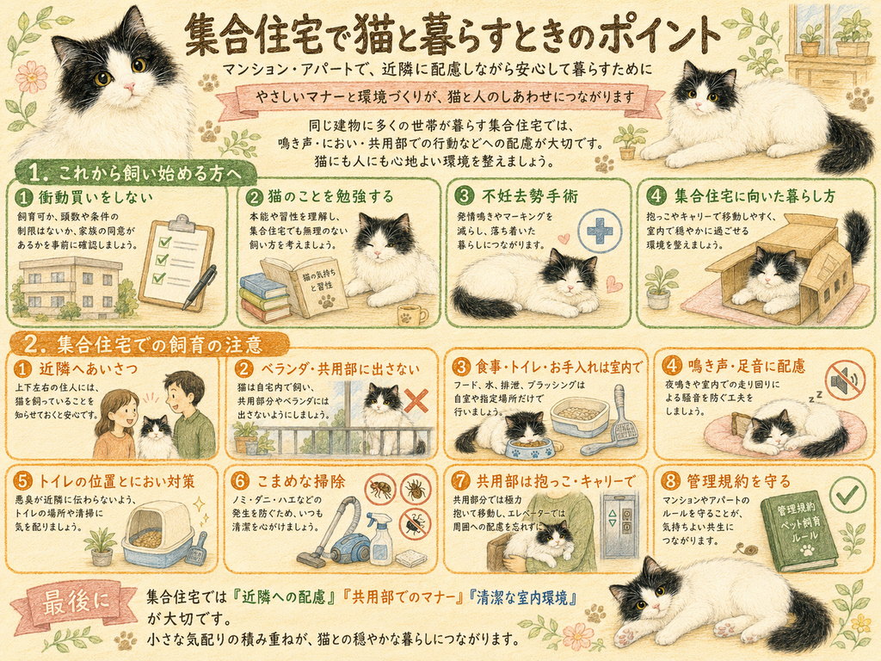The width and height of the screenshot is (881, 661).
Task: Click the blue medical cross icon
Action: [600, 231]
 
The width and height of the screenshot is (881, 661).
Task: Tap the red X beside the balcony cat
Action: [416, 401]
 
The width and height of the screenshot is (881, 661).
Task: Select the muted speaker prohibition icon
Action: [845, 380]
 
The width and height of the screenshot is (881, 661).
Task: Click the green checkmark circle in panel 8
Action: [847, 494]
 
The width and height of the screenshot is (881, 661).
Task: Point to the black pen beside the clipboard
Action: [200, 287]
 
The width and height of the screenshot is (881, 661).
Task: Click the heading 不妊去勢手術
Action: [530, 196]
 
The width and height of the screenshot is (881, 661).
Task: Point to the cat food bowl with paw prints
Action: [530, 448]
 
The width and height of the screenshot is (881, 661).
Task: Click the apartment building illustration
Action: [71, 287]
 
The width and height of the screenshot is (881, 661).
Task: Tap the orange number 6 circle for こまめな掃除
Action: [241, 482]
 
